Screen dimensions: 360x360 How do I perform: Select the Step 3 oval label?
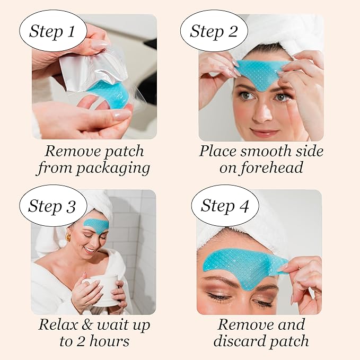[52, 206]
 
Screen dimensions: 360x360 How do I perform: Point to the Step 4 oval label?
[225, 206]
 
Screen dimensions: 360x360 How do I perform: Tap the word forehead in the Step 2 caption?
[279, 169]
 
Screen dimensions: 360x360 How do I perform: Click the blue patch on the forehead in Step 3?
[96, 225]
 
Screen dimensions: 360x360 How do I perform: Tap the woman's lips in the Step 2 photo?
[264, 133]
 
